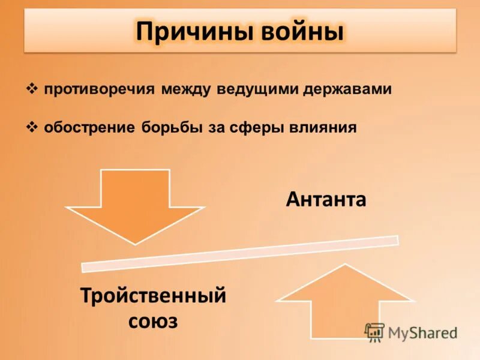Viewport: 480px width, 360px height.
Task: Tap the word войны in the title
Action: coord(302,31)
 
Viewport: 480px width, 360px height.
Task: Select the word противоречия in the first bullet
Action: coord(99,89)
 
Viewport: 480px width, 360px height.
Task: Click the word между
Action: coord(185,89)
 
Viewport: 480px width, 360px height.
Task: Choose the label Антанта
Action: coord(326,199)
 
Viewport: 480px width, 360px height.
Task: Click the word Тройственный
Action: coord(154,296)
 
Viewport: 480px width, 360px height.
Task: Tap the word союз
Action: coord(154,321)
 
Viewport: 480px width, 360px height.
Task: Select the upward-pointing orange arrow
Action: coord(345,303)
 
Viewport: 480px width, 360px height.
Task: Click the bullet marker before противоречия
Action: coord(33,89)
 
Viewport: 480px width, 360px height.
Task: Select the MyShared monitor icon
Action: coord(374,332)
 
